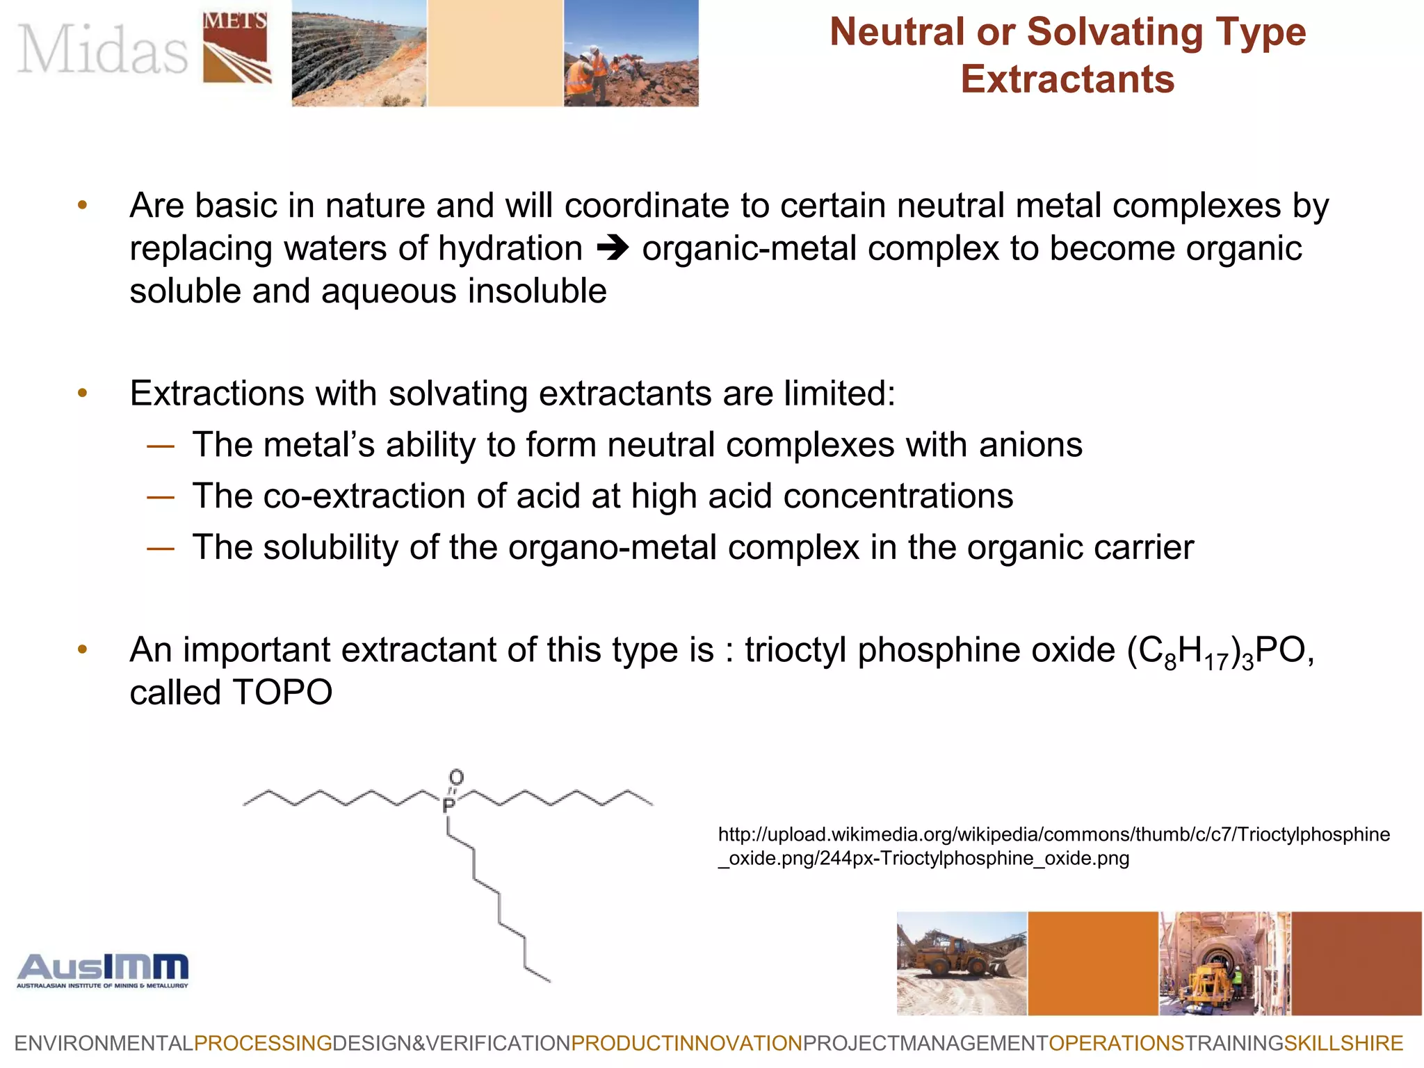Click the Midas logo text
click(x=103, y=49)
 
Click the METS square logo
click(x=236, y=47)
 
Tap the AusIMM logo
click(x=103, y=970)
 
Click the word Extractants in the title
click(x=1067, y=79)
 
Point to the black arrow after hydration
click(x=613, y=248)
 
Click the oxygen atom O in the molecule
click(x=456, y=777)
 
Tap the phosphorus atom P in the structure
click(x=448, y=806)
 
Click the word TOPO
click(x=282, y=693)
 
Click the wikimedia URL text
click(x=1053, y=845)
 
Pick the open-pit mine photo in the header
click(x=358, y=53)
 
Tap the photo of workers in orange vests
click(x=630, y=53)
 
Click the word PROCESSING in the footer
click(x=263, y=1044)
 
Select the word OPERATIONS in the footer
click(x=1116, y=1044)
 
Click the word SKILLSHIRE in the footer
click(x=1343, y=1044)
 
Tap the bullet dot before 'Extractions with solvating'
click(x=83, y=394)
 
